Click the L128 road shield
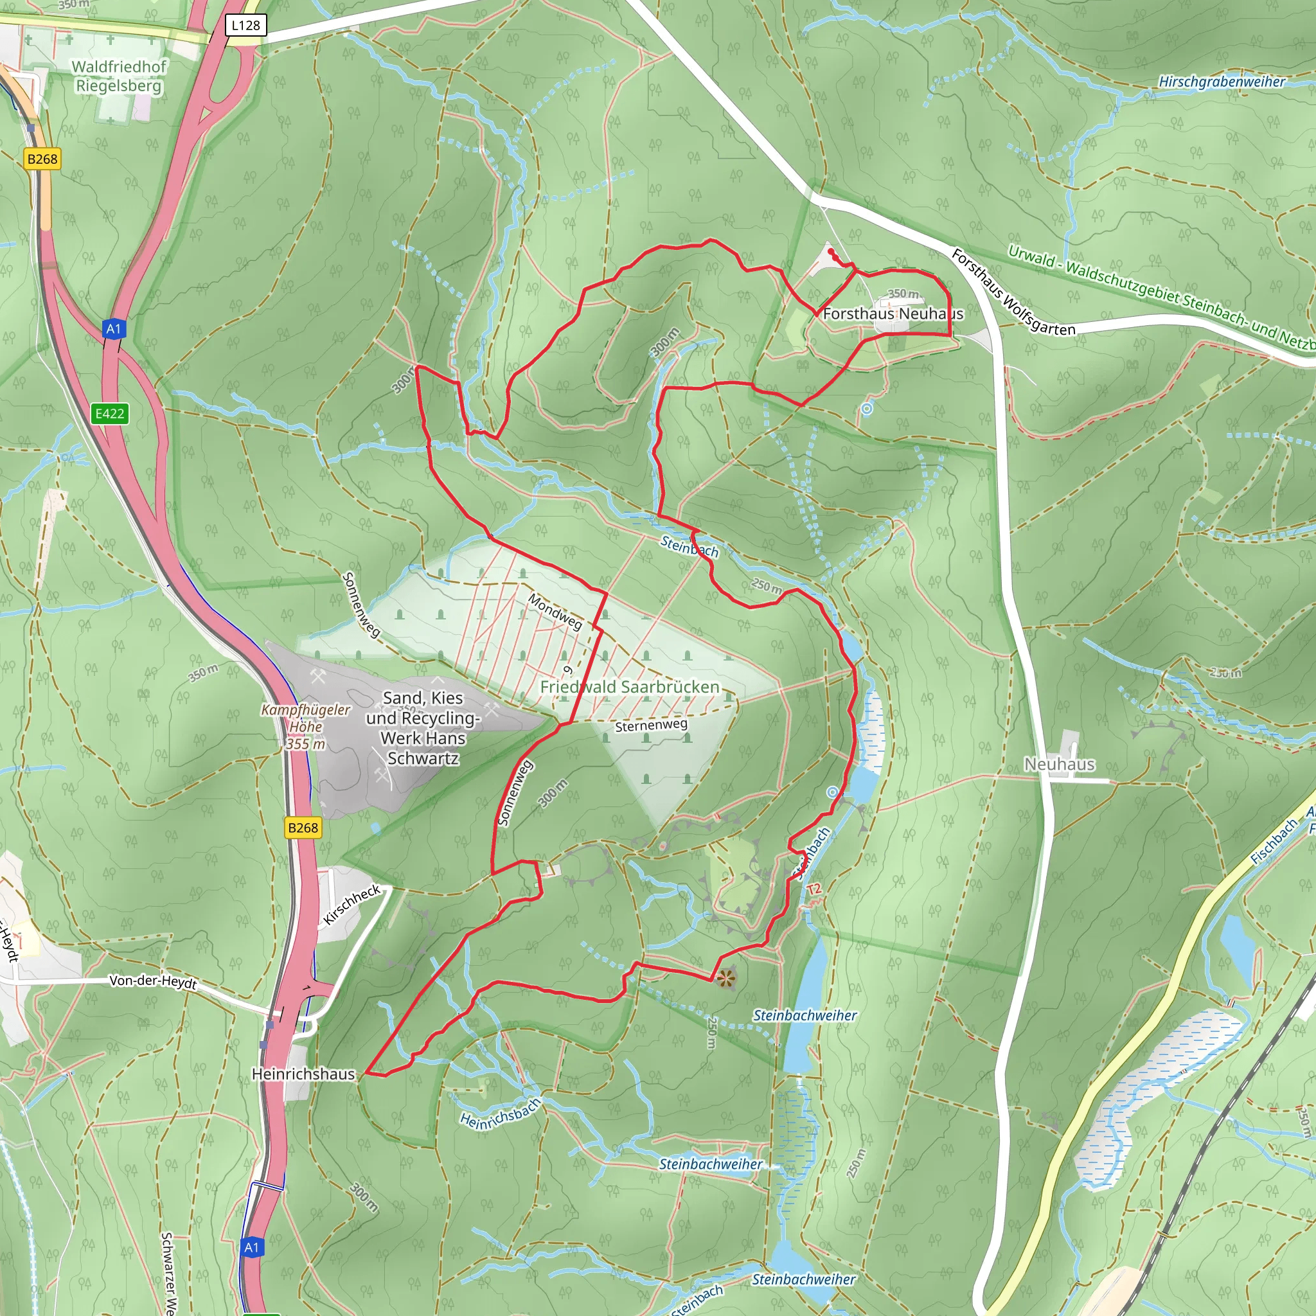pyautogui.click(x=245, y=26)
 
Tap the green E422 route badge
pyautogui.click(x=110, y=413)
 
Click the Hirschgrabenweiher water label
pyautogui.click(x=1222, y=82)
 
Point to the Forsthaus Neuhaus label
pyautogui.click(x=893, y=314)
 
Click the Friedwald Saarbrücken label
pyautogui.click(x=629, y=687)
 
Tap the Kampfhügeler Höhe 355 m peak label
pyautogui.click(x=305, y=727)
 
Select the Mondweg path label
pyautogui.click(x=555, y=612)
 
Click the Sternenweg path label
pyautogui.click(x=651, y=725)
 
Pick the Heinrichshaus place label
pyautogui.click(x=303, y=1074)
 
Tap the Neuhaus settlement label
pyautogui.click(x=1059, y=764)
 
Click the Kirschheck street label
pyautogui.click(x=351, y=905)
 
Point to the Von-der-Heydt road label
pyautogui.click(x=154, y=982)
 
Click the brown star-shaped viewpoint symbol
pyautogui.click(x=726, y=979)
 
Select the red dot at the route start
pyautogui.click(x=830, y=251)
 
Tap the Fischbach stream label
pyautogui.click(x=1274, y=842)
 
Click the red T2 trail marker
pyautogui.click(x=814, y=889)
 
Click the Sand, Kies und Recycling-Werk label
pyautogui.click(x=423, y=727)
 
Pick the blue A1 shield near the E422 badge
pyautogui.click(x=113, y=329)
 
